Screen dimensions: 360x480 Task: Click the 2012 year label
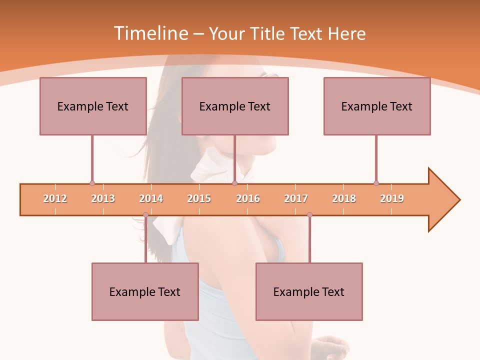coord(55,198)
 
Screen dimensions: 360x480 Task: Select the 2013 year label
coord(103,198)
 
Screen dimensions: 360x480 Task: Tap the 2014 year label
coord(151,198)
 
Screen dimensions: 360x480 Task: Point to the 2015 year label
coord(199,198)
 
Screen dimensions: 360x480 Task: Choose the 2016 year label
coord(248,198)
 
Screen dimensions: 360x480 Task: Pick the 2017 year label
coord(296,198)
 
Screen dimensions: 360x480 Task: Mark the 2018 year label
coord(344,198)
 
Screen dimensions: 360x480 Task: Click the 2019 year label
coord(392,198)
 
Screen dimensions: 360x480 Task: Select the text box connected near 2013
coord(93,106)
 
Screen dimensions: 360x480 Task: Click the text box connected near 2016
coord(235,106)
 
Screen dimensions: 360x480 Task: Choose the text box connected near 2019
coord(377,106)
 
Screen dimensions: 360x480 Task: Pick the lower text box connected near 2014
coord(145,291)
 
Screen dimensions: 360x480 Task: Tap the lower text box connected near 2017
coord(309,291)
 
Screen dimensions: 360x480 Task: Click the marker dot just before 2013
coord(92,183)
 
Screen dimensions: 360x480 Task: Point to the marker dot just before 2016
coord(234,183)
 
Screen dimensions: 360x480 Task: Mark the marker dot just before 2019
coord(376,183)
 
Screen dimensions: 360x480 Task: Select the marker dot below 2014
coord(145,215)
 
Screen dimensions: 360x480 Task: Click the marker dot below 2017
coord(309,215)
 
